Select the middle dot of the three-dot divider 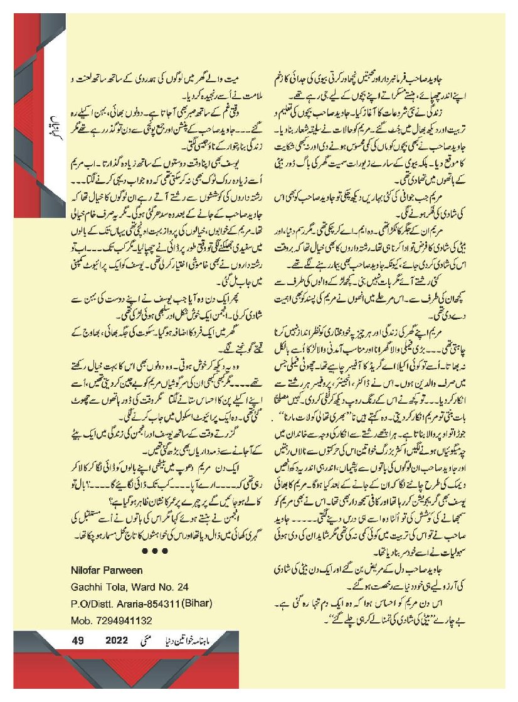[x=154, y=551]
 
